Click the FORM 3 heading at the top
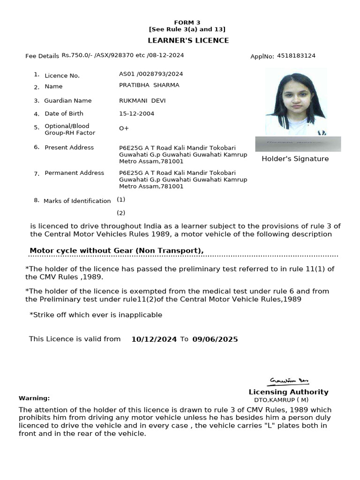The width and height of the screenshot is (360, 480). click(187, 22)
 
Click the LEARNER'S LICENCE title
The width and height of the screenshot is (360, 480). click(188, 40)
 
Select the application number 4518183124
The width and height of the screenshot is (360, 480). click(296, 56)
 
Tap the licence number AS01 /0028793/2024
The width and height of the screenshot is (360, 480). click(151, 74)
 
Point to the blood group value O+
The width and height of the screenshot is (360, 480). click(124, 128)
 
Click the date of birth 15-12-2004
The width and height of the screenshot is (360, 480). click(136, 113)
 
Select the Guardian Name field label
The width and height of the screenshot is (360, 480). click(68, 101)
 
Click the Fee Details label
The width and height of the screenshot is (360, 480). click(42, 56)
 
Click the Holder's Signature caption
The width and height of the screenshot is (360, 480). click(295, 159)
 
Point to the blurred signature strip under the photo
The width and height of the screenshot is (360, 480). click(298, 144)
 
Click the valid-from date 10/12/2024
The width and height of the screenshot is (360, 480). click(154, 339)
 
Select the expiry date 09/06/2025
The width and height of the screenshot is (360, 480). click(215, 339)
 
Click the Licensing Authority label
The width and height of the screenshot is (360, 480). click(288, 392)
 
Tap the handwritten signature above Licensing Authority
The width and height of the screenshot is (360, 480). click(289, 381)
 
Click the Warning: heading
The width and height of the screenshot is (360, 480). click(34, 398)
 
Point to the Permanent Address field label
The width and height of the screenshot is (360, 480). click(74, 173)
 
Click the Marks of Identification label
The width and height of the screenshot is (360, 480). click(77, 201)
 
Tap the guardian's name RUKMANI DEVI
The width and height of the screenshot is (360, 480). click(142, 101)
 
